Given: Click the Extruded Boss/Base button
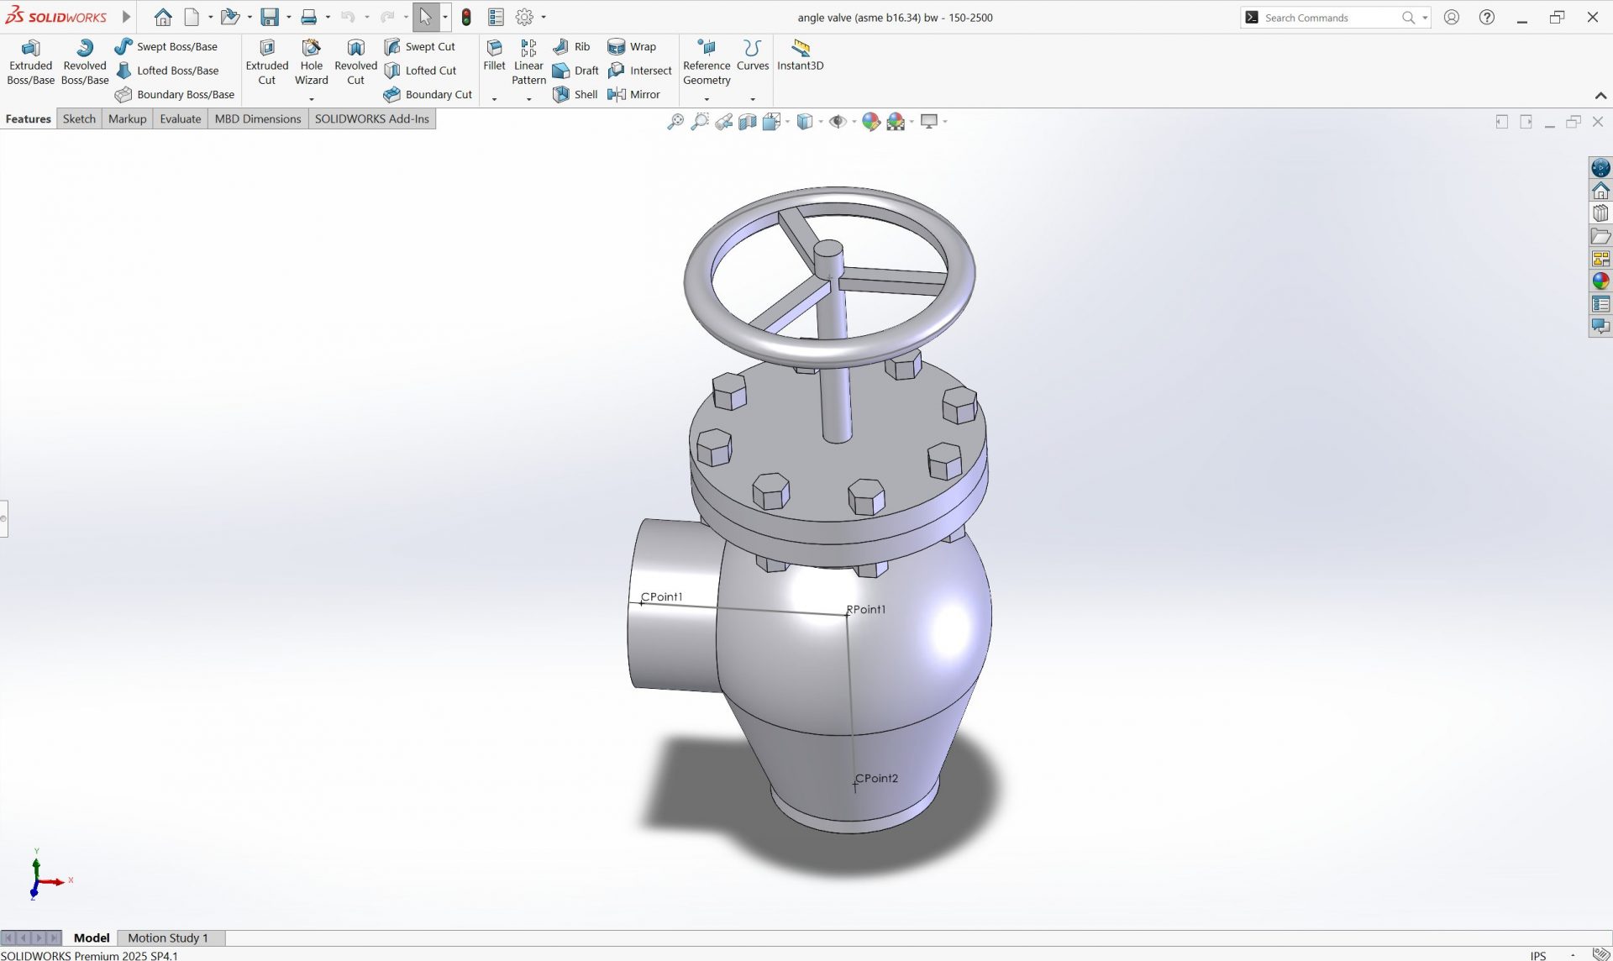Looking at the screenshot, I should [30, 62].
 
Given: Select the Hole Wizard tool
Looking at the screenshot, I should [311, 62].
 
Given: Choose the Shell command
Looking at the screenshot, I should [575, 94].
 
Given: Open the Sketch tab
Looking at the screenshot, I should [79, 118].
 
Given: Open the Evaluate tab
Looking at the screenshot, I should [180, 118].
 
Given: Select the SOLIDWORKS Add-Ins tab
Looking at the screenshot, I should [371, 118].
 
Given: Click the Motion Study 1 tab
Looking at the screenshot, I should [167, 937].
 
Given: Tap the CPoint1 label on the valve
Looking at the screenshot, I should [662, 596].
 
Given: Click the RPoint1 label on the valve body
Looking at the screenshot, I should [866, 609].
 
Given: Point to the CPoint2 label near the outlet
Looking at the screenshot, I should [877, 778].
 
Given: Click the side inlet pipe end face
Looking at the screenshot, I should [672, 605].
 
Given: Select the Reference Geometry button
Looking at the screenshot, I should [707, 62].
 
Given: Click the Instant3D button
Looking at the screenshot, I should [800, 54].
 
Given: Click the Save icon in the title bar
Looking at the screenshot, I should [269, 17].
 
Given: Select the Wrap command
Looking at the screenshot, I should [632, 47].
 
